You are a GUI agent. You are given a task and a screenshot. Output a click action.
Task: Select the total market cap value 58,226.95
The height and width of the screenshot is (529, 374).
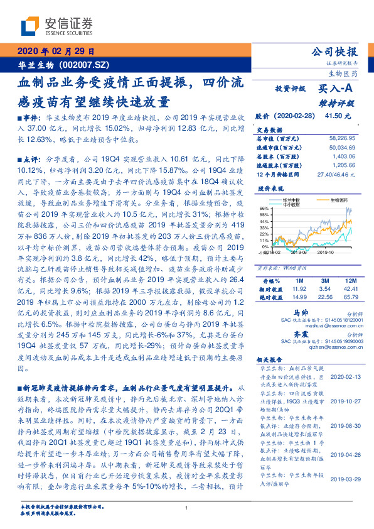[341, 136]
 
